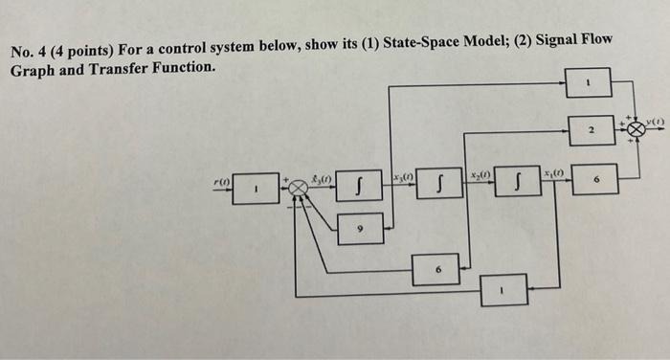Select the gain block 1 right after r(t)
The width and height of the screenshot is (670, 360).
pos(256,189)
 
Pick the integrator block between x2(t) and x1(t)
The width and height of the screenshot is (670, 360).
pos(518,183)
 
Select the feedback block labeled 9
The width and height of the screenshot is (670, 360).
pos(360,229)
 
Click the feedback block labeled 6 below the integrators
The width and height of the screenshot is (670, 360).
pos(439,269)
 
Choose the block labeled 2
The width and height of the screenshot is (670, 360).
pos(592,129)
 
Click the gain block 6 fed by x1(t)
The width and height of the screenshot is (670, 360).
pos(594,179)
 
